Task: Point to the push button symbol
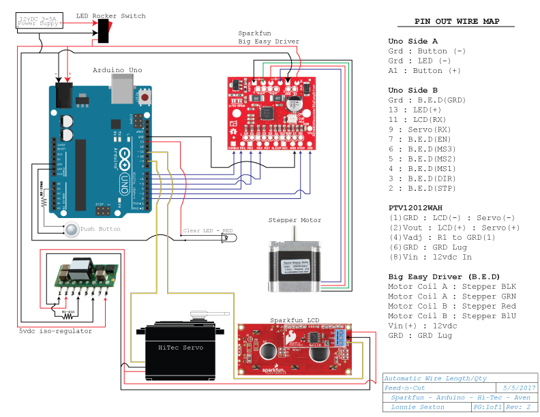(72, 229)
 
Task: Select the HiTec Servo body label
(176, 347)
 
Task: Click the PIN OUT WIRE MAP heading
(457, 22)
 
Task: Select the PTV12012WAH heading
(415, 207)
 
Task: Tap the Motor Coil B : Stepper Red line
(444, 306)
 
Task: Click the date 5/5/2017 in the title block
(515, 387)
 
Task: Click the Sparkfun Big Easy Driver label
(268, 37)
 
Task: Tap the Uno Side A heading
(412, 41)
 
